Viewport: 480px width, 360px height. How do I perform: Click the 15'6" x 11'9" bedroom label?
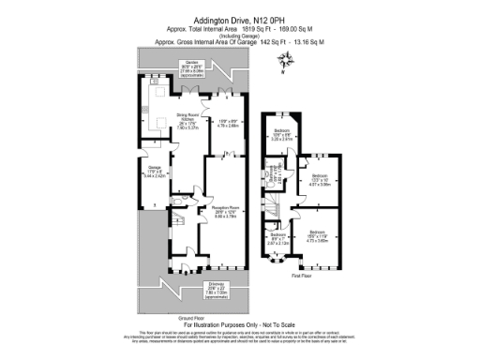(x=316, y=236)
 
